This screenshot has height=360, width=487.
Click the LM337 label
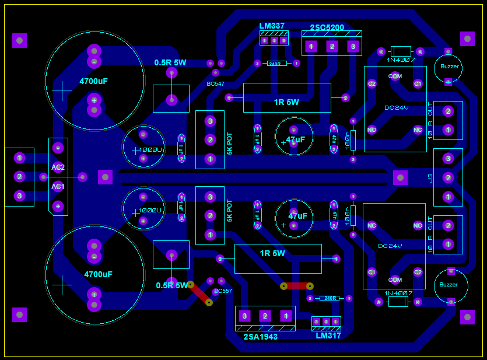272,26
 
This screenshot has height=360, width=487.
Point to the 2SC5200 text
327,27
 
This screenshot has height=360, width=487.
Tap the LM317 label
328,335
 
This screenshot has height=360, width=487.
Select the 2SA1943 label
260,337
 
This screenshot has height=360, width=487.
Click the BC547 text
215,84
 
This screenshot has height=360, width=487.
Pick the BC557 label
223,291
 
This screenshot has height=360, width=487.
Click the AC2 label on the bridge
58,167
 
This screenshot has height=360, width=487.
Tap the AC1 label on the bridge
58,187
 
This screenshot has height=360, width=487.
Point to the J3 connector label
431,177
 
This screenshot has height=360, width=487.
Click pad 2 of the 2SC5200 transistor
332,46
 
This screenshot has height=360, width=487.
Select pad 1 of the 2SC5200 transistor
311,46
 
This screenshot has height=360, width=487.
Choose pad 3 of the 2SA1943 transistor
245,316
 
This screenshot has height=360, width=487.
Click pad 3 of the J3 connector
448,158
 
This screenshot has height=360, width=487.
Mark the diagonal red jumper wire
199,293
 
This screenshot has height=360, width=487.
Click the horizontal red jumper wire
297,286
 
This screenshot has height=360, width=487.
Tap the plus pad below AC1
58,206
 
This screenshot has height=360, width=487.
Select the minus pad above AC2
58,148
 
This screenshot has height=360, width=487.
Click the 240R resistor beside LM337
276,63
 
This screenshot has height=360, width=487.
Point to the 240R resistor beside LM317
330,298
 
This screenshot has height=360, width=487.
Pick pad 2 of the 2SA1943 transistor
265,316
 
